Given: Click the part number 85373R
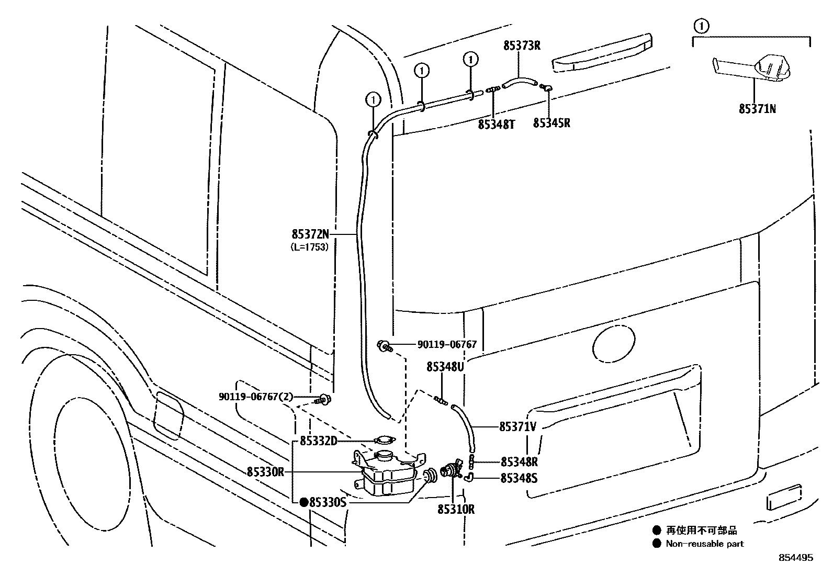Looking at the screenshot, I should pyautogui.click(x=522, y=46).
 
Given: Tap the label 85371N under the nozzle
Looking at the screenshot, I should pyautogui.click(x=757, y=109).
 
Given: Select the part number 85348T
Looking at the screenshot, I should pyautogui.click(x=496, y=124).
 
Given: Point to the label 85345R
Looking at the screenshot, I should pyautogui.click(x=551, y=123).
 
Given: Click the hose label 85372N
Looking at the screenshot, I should pyautogui.click(x=311, y=234).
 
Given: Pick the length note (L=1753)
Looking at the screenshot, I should pyautogui.click(x=310, y=248).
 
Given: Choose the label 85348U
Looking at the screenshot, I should pyautogui.click(x=445, y=367).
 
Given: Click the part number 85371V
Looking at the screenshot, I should pyautogui.click(x=517, y=427).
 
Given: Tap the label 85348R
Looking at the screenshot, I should pyautogui.click(x=519, y=462).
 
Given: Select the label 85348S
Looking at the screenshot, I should pyautogui.click(x=519, y=478).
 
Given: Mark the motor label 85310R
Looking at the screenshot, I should pyautogui.click(x=456, y=509).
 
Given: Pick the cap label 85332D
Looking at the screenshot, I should pyautogui.click(x=318, y=442).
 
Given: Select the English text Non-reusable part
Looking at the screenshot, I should pyautogui.click(x=704, y=544).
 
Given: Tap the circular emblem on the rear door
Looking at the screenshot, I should pyautogui.click(x=613, y=344).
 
